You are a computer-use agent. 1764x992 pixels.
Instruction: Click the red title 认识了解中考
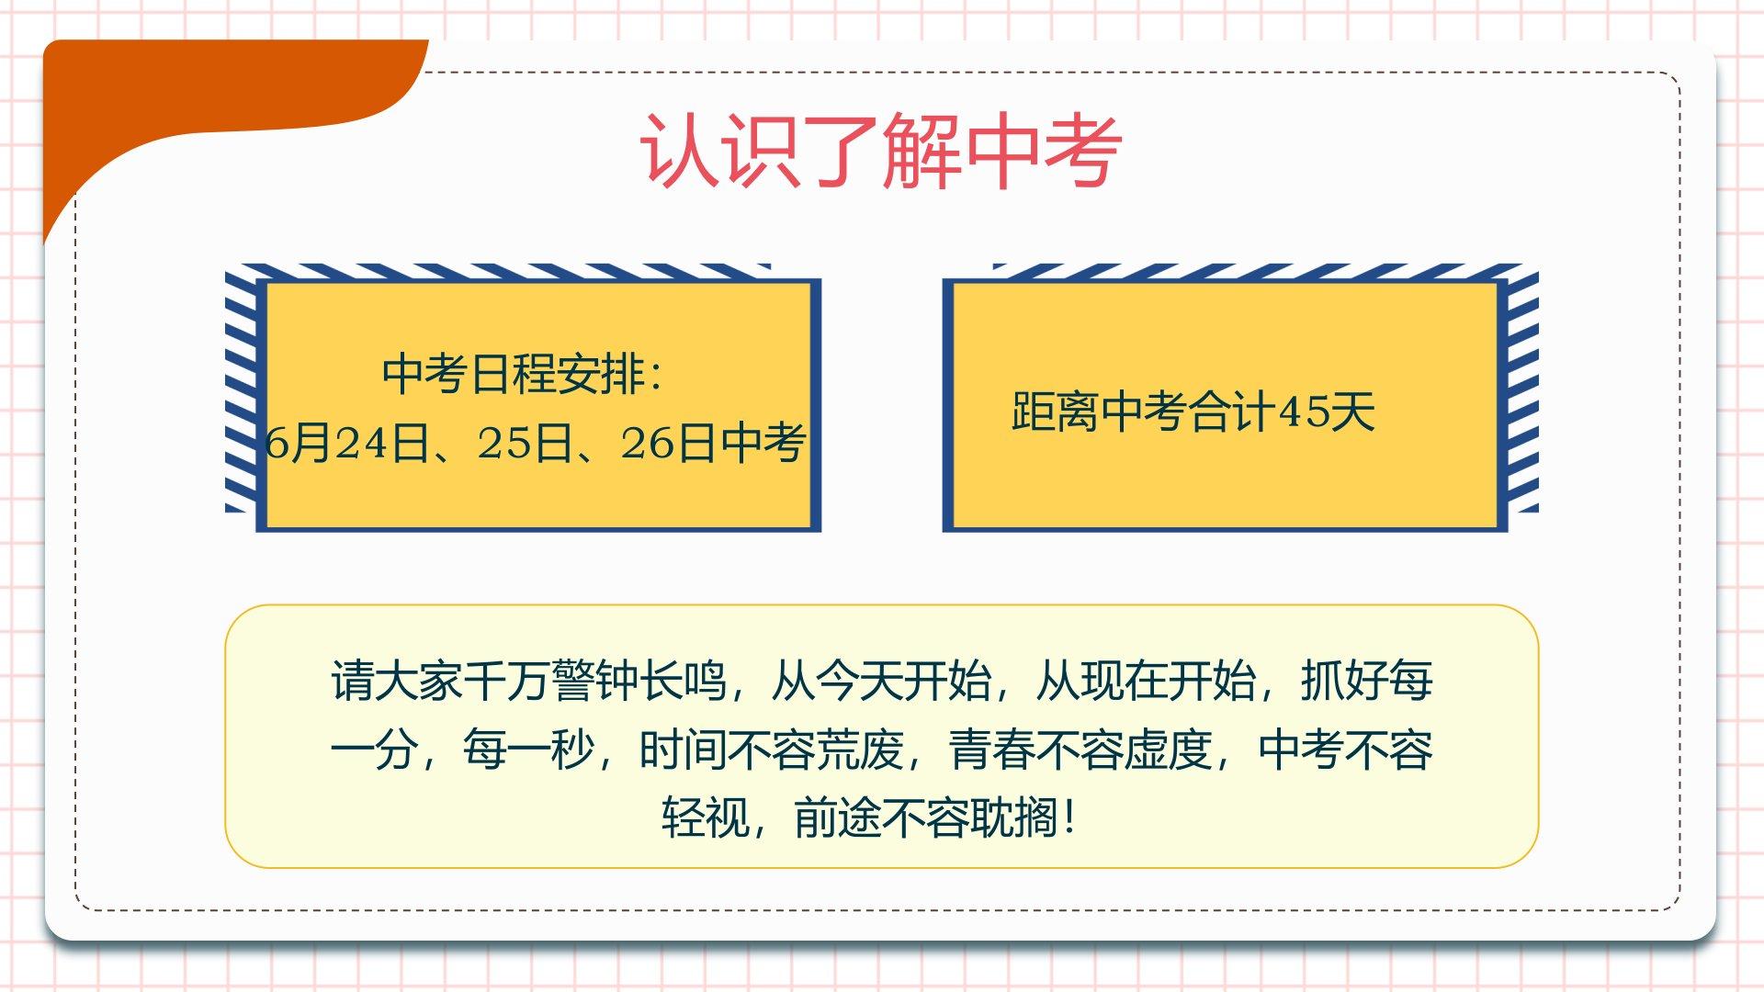point(880,151)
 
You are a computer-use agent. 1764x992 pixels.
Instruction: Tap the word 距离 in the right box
point(1055,411)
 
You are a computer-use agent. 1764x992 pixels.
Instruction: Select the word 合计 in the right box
point(1233,411)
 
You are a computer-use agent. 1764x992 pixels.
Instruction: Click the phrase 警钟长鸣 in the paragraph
point(639,682)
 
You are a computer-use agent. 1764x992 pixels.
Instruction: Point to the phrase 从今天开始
point(880,682)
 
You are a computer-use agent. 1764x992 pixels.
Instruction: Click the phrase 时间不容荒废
point(771,750)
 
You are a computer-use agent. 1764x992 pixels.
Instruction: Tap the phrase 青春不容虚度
point(1080,750)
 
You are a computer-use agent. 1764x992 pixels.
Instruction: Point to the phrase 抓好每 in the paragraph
point(1366,682)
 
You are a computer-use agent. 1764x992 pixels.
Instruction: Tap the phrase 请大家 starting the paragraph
point(396,682)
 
